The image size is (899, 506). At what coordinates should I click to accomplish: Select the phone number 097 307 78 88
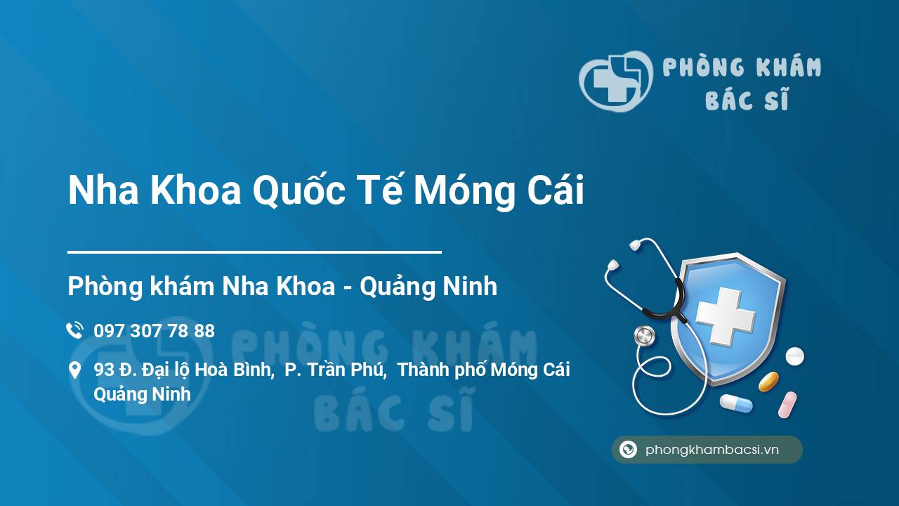coord(154,331)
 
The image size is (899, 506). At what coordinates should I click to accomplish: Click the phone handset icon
coord(74,330)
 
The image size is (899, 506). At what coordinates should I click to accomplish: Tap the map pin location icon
coord(74,370)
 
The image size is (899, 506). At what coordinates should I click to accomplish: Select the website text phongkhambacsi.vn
coord(712,450)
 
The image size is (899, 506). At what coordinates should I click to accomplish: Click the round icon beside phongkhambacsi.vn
coord(628,450)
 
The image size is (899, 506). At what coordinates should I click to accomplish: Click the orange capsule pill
coord(768,382)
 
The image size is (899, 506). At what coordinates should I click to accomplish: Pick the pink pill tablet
coord(787,405)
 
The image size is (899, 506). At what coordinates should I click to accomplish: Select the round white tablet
coord(794,356)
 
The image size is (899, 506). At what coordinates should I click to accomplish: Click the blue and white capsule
coord(735,403)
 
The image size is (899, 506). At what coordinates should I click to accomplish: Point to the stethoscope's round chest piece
coord(644,336)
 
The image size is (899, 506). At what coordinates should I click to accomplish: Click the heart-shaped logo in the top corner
coord(615,81)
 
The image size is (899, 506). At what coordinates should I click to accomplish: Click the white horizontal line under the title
coord(254,252)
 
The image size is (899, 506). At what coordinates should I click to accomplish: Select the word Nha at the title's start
coord(98,191)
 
